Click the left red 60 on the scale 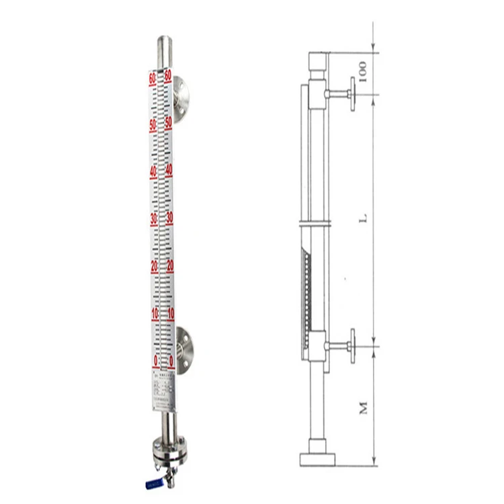(153, 78)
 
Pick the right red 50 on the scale (169, 123)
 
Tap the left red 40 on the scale (153, 171)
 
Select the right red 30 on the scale (169, 218)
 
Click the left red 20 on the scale (153, 265)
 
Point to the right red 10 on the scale (170, 312)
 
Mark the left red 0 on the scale (156, 360)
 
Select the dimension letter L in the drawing (363, 219)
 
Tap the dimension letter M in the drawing (364, 407)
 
